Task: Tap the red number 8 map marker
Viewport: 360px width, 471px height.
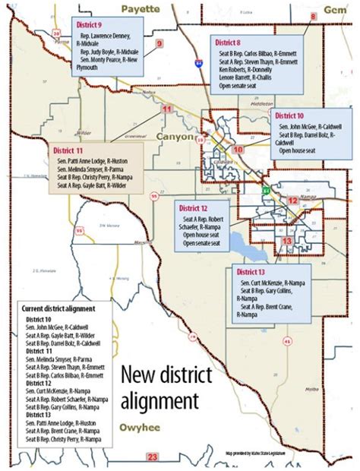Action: click(313, 17)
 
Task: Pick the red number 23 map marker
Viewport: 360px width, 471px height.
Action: click(153, 457)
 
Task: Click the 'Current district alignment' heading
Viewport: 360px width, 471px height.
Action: click(59, 309)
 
